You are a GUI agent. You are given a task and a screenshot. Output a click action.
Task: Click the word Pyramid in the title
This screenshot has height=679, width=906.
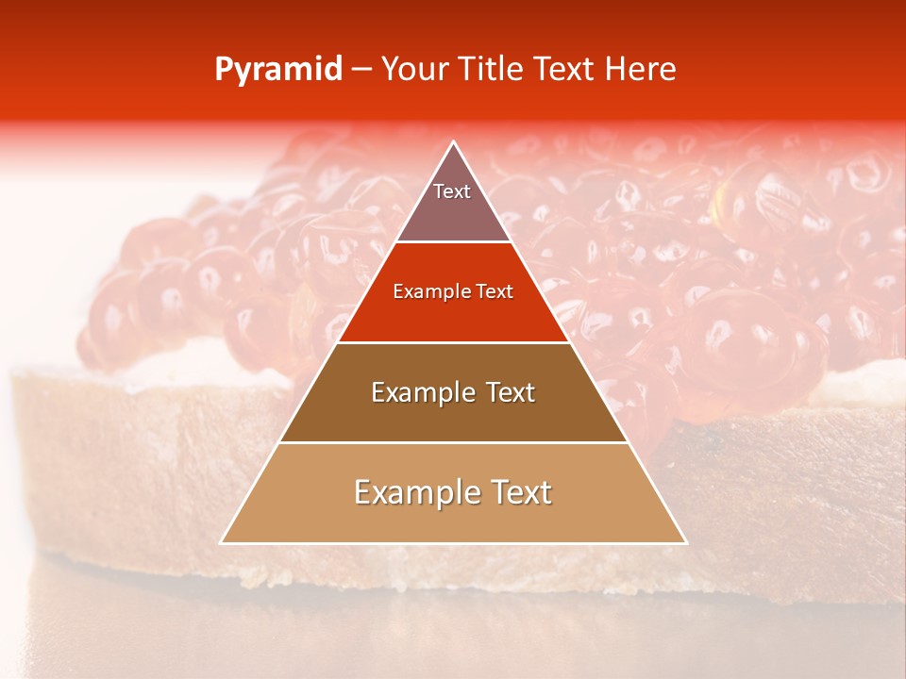click(277, 70)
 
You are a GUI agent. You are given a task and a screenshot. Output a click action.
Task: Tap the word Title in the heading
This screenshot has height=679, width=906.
click(491, 69)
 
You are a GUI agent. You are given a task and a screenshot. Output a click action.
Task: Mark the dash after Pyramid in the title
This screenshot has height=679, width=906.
click(361, 70)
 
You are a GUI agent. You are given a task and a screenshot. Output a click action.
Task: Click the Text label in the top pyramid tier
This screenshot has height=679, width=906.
click(452, 191)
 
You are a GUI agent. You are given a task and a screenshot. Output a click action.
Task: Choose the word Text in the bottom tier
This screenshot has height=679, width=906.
click(521, 492)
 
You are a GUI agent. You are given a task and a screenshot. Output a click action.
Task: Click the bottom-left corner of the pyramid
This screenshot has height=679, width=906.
click(222, 542)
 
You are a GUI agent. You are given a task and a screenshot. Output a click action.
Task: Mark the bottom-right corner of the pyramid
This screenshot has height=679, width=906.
click(686, 542)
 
